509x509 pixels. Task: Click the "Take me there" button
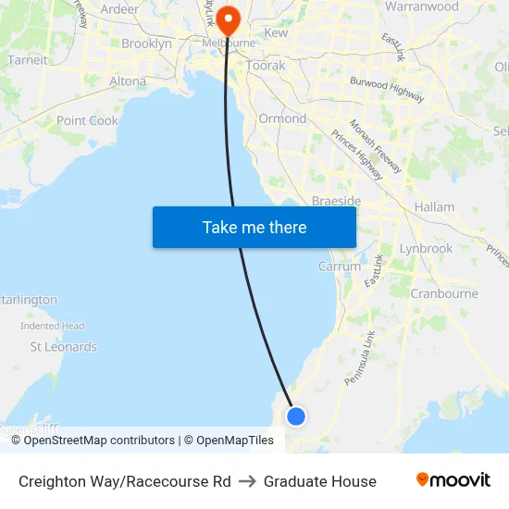[254, 227]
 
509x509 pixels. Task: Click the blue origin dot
[296, 416]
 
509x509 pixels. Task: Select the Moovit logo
[453, 480]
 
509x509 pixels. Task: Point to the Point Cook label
[87, 121]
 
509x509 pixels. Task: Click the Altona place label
[128, 81]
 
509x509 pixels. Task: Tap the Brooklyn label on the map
[146, 43]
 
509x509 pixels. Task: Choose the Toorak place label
[266, 67]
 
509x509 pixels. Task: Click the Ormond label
[282, 118]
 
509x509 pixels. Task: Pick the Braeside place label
[336, 201]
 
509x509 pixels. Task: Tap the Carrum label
[340, 266]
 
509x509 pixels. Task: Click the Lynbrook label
[426, 249]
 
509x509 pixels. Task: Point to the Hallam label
[434, 207]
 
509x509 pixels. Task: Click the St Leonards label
[63, 347]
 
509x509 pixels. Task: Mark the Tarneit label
[27, 60]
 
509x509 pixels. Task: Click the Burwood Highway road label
[387, 89]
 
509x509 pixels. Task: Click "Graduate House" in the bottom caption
[319, 481]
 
